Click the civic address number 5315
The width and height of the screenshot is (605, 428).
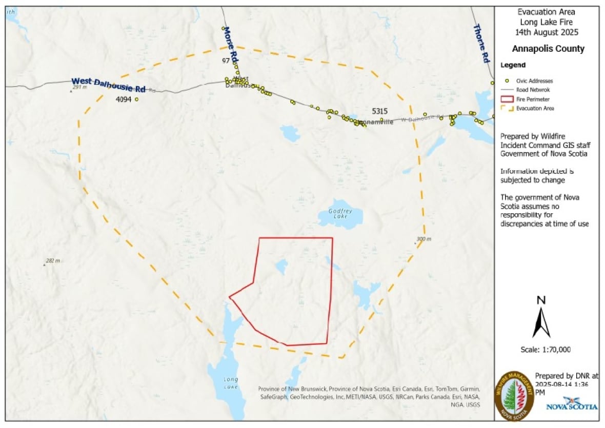(379, 111)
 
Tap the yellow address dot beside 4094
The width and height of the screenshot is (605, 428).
(136, 99)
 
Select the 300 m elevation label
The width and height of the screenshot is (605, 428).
(424, 239)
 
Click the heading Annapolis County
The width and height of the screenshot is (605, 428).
(548, 49)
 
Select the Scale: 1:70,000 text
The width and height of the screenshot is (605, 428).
(545, 350)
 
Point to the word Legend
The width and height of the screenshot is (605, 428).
(513, 66)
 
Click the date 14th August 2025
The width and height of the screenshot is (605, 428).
(547, 32)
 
